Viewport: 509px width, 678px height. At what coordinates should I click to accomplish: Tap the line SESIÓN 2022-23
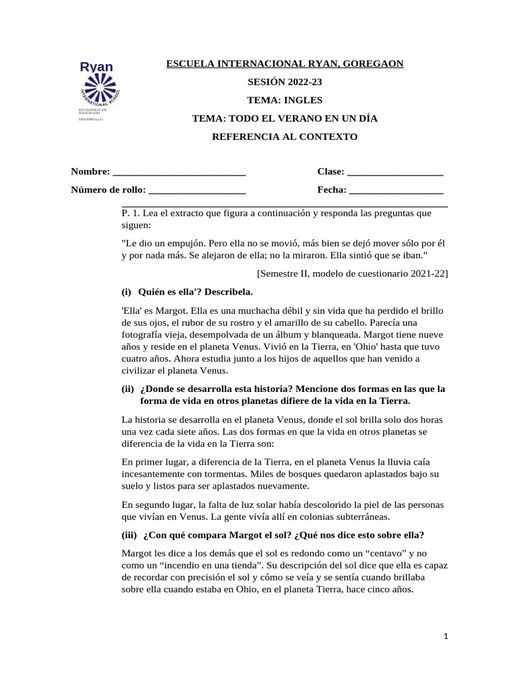pyautogui.click(x=284, y=82)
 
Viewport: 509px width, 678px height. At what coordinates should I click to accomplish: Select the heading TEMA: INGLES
pyautogui.click(x=284, y=101)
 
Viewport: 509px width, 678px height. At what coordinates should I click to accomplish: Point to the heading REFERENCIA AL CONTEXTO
pyautogui.click(x=284, y=137)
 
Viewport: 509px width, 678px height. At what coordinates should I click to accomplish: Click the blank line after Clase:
pyautogui.click(x=395, y=172)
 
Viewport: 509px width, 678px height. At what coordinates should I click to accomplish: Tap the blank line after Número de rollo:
pyautogui.click(x=198, y=191)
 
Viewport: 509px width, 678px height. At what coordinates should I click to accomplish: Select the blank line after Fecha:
pyautogui.click(x=396, y=191)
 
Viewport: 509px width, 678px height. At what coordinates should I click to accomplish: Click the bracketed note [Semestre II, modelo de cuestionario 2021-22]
pyautogui.click(x=352, y=273)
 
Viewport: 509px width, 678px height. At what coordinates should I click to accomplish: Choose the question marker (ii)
pyautogui.click(x=127, y=389)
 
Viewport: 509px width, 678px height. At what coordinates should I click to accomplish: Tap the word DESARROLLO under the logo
pyautogui.click(x=91, y=120)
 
